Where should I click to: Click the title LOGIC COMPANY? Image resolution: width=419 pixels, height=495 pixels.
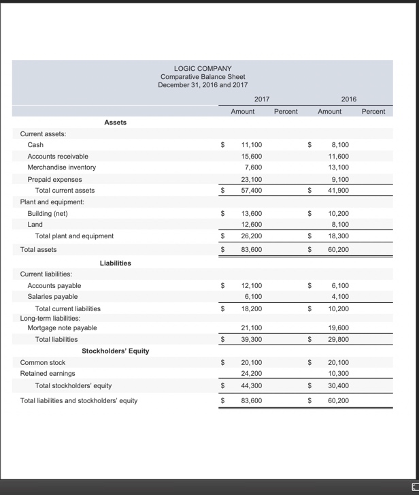pos(203,68)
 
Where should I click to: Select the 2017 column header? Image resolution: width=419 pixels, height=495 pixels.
pos(261,99)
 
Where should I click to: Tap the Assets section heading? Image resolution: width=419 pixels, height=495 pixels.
pos(115,122)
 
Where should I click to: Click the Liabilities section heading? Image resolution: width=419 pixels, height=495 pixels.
pos(115,262)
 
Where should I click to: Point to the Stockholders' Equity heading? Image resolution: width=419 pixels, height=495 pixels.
pos(115,351)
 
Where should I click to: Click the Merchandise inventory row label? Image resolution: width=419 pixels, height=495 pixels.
pos(61,167)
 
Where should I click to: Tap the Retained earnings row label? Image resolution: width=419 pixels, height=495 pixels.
pos(48,374)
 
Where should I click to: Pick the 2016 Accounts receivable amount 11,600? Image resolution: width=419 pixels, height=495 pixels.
pos(339,157)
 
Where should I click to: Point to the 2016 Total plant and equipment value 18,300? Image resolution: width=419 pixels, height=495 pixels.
pos(339,236)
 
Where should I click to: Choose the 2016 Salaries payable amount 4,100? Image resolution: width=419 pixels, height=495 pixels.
pos(341,297)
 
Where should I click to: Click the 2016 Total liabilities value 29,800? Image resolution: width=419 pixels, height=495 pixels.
pos(339,339)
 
